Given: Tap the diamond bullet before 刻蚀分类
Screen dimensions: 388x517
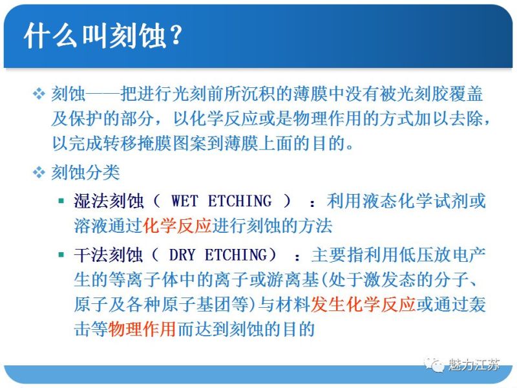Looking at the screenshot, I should (x=38, y=173).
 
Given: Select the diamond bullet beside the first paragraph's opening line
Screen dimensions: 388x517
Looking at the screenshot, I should (x=38, y=95).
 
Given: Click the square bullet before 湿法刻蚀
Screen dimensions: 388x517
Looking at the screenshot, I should (x=61, y=202).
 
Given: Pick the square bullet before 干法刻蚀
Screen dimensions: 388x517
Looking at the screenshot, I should (x=61, y=255).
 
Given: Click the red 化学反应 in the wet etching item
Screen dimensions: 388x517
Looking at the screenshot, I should (x=177, y=226).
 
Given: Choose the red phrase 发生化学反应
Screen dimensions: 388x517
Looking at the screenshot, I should (x=363, y=305).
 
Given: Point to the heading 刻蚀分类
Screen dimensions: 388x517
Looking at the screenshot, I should (x=85, y=173).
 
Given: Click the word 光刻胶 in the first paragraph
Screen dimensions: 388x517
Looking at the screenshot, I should (x=422, y=94).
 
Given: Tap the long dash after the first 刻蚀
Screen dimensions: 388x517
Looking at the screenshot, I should (x=102, y=94).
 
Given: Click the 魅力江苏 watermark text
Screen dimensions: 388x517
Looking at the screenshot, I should (x=474, y=365).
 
